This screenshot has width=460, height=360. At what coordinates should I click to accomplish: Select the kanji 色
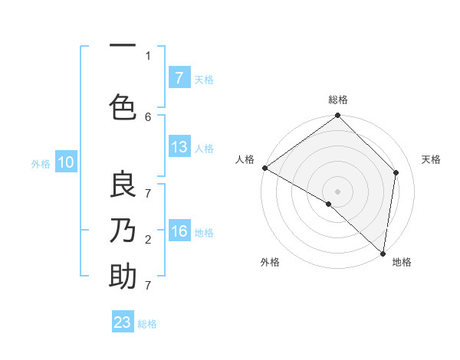123,106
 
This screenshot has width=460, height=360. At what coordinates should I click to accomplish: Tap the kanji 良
123,186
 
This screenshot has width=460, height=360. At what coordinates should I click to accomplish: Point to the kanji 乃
123,230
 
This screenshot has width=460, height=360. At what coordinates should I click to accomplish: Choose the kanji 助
123,276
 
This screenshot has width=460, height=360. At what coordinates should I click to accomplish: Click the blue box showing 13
179,147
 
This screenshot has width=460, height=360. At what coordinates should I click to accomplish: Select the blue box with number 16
179,231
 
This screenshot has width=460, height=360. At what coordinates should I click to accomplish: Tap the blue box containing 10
66,162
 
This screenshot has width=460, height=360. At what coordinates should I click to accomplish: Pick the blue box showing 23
123,322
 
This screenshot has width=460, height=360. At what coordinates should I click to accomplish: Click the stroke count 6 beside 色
148,116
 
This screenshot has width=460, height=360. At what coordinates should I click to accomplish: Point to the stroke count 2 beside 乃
148,240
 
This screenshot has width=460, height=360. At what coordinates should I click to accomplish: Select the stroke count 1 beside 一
148,55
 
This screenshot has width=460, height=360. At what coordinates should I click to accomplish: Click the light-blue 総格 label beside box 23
147,324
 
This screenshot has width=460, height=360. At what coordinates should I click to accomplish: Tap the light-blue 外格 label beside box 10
40,163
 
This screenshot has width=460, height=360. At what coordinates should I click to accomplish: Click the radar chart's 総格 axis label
338,100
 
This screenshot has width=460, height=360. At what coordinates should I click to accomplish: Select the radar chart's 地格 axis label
402,262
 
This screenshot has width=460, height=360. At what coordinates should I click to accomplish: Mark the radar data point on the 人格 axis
264,168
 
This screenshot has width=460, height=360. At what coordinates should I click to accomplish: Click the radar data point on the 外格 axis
329,204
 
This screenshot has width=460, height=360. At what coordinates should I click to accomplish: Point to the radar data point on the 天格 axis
396,172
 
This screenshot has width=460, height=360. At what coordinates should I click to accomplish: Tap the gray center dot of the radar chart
337,191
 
